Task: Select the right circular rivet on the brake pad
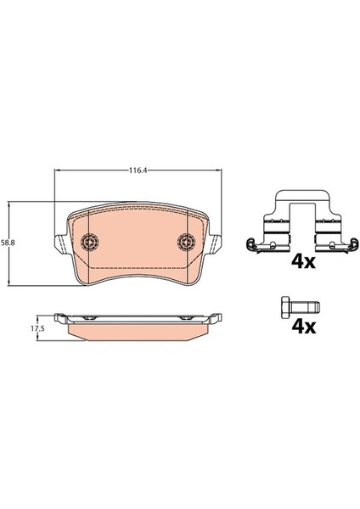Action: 186,242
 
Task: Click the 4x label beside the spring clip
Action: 303,260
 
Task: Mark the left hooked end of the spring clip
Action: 250,247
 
